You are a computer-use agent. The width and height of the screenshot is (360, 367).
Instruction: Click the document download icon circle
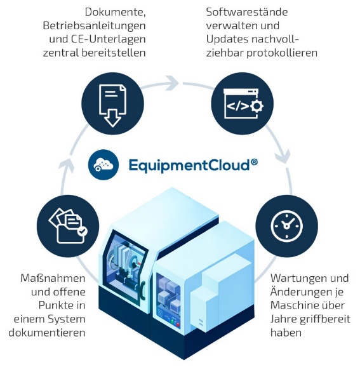112,103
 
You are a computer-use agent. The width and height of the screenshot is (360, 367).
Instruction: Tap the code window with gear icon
243,103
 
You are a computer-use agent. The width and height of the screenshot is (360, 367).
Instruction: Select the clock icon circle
286,226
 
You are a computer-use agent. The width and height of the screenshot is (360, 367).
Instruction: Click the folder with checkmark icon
68,226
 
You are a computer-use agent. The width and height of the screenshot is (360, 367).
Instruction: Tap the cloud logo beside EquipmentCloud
103,165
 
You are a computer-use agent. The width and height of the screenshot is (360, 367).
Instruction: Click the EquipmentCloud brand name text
190,165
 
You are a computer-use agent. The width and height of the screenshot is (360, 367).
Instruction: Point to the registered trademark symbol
255,162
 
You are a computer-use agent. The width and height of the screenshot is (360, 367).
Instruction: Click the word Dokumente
115,13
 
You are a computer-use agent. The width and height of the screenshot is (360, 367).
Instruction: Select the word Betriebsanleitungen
94,26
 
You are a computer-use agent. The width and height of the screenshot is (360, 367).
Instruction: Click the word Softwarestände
247,12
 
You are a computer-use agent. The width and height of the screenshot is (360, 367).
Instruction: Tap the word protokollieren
282,53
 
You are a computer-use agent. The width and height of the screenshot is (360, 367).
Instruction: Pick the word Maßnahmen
53,279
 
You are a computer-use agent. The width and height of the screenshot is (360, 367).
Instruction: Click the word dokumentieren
47,333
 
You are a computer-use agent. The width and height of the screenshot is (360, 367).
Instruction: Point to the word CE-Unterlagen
108,39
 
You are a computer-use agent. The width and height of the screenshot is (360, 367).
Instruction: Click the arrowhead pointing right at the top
172,83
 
